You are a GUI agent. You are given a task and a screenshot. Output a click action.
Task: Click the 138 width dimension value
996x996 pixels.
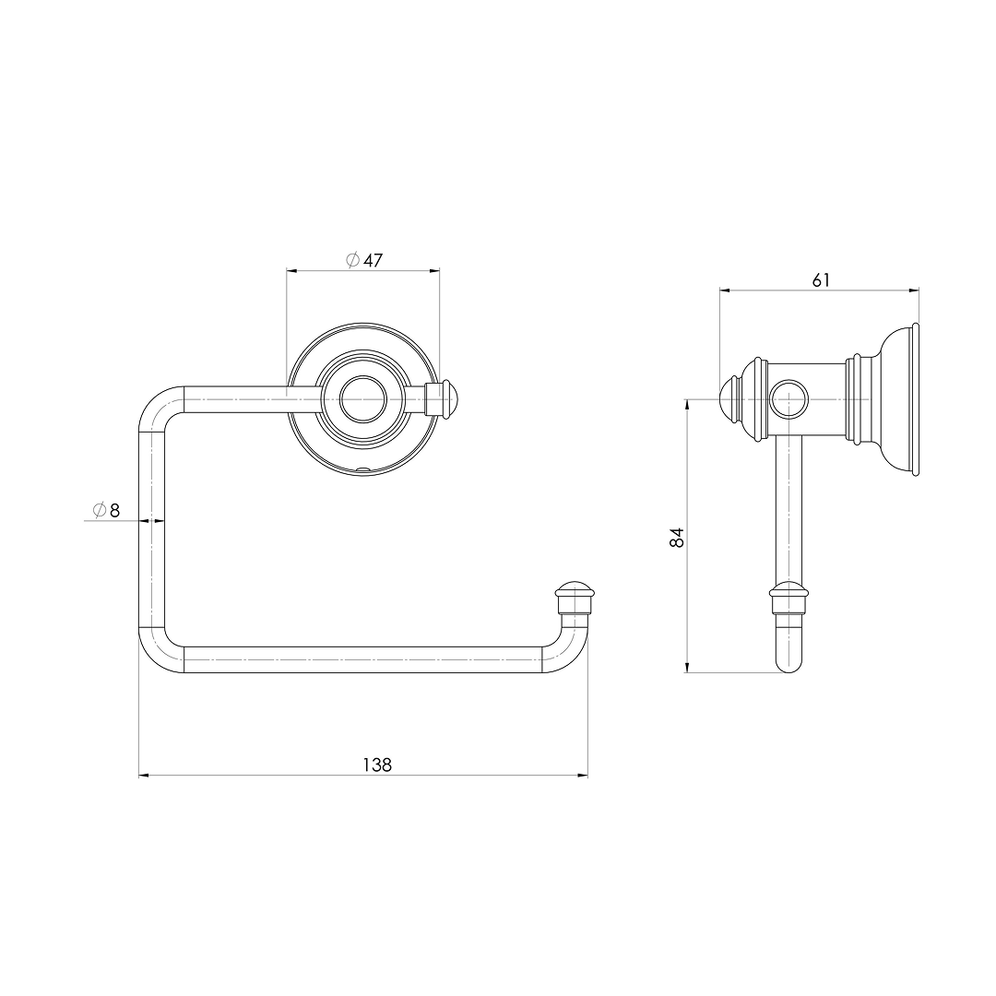tap(377, 765)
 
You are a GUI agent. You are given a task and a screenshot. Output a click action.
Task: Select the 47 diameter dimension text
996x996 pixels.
tap(373, 260)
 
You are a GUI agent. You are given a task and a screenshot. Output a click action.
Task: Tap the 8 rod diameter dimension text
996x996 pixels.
tap(114, 510)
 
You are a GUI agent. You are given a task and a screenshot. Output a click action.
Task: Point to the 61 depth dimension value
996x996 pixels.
tap(821, 279)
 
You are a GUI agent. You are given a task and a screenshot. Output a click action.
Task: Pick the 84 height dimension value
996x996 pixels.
tap(677, 538)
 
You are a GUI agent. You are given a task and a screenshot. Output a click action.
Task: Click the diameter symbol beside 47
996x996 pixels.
tap(352, 260)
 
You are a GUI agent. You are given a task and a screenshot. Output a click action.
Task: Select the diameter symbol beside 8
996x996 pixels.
tap(99, 510)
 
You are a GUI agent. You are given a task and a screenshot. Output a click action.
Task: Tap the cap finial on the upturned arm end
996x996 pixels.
tap(575, 596)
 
